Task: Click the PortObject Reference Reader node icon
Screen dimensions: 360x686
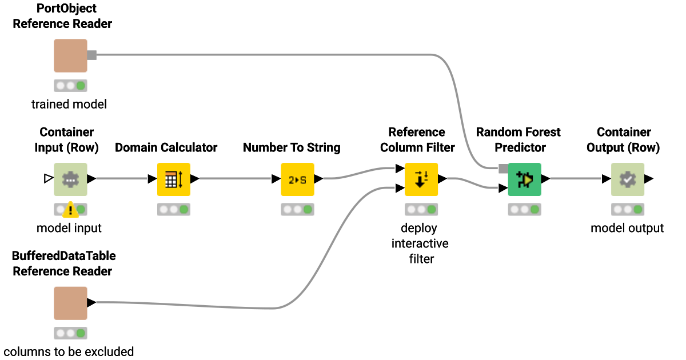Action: pyautogui.click(x=70, y=55)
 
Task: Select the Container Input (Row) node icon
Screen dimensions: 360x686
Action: pyautogui.click(x=70, y=179)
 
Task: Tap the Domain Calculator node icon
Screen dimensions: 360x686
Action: pyautogui.click(x=173, y=179)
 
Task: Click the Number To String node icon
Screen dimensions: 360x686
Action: pyautogui.click(x=297, y=179)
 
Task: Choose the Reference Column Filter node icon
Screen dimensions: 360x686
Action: pyautogui.click(x=421, y=179)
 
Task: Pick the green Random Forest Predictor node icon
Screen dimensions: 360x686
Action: pyautogui.click(x=524, y=179)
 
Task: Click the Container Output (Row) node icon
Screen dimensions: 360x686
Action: pyautogui.click(x=627, y=179)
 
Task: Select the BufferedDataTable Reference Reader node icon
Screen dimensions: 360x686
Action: pyautogui.click(x=70, y=303)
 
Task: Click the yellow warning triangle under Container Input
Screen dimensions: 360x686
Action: pyautogui.click(x=70, y=210)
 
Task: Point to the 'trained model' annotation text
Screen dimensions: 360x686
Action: pyautogui.click(x=69, y=104)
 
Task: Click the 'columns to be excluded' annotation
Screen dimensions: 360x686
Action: pyautogui.click(x=69, y=351)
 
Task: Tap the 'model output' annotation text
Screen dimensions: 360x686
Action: pyautogui.click(x=627, y=228)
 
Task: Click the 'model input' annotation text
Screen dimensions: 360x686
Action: pyautogui.click(x=69, y=228)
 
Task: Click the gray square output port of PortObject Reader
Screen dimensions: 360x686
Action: pyautogui.click(x=92, y=55)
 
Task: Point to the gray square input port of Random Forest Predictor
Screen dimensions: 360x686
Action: pyautogui.click(x=503, y=169)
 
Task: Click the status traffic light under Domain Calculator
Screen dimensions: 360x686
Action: pyautogui.click(x=173, y=210)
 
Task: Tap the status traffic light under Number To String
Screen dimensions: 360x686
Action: pyautogui.click(x=297, y=210)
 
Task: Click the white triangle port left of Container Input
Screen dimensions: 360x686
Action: pyautogui.click(x=48, y=179)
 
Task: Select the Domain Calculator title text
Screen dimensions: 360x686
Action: pyautogui.click(x=166, y=147)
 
